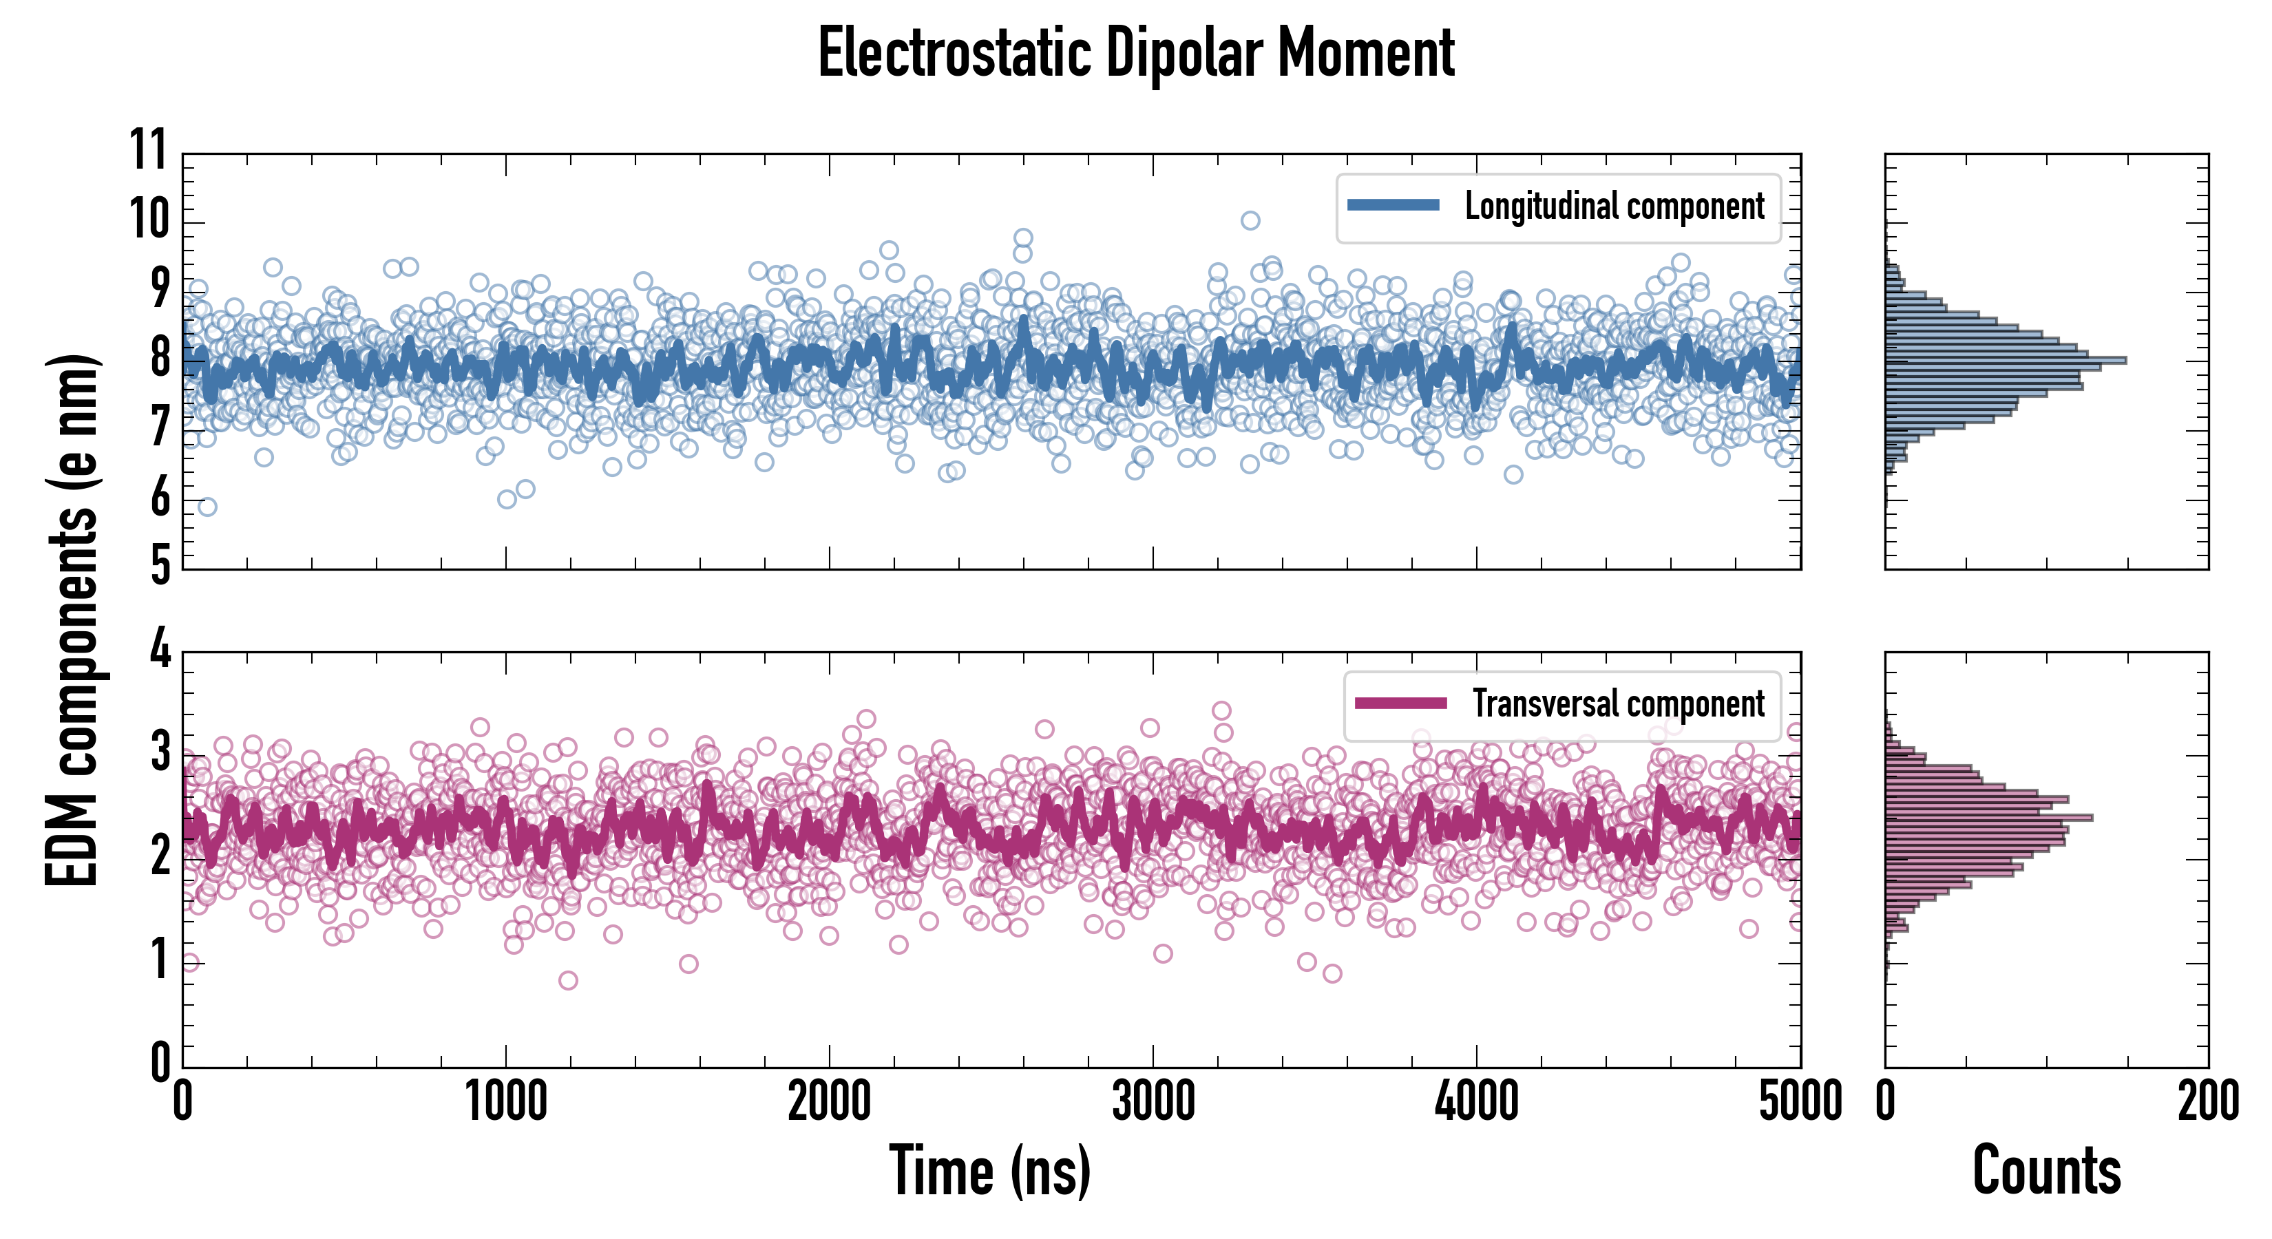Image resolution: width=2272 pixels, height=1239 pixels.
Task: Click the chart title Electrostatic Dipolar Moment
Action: (x=1136, y=53)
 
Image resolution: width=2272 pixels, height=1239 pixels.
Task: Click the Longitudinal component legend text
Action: (x=1614, y=206)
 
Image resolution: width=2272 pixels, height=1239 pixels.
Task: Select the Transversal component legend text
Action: (x=1619, y=703)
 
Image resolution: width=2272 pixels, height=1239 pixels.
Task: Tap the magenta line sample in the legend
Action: (x=1400, y=703)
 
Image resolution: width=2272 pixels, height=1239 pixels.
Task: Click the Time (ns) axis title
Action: (x=989, y=1171)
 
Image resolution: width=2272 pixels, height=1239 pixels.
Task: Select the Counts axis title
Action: (x=2046, y=1171)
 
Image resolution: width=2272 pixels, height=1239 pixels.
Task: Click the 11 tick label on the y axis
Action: (x=149, y=150)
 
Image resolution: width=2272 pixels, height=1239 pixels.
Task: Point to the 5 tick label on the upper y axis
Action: (x=160, y=564)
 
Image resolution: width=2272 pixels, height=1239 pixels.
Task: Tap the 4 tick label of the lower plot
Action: (x=160, y=650)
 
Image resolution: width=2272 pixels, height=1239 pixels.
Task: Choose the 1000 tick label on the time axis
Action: (x=506, y=1102)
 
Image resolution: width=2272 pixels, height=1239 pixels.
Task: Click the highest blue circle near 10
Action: (x=1250, y=220)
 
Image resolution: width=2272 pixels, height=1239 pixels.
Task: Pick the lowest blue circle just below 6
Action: (x=207, y=506)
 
